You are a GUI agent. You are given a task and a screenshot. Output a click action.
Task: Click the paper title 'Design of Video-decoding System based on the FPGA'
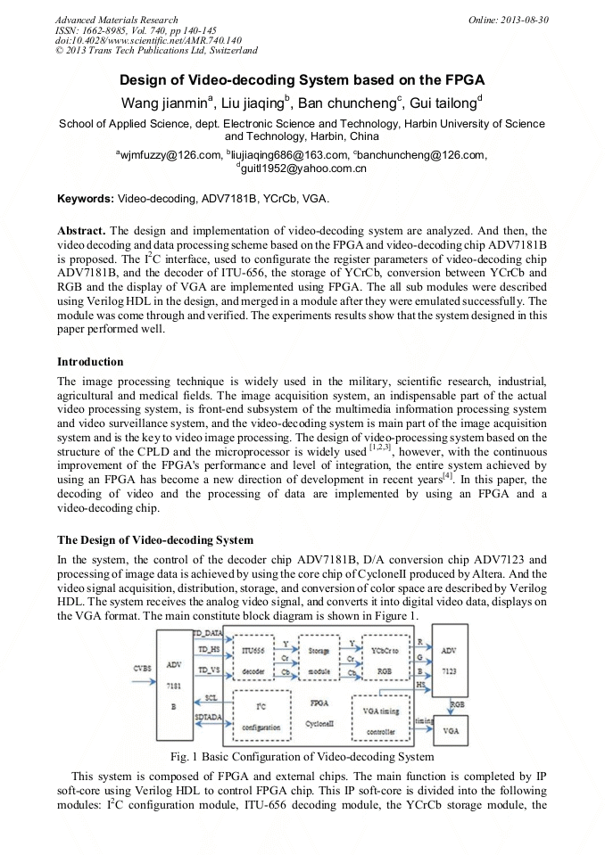pos(302,80)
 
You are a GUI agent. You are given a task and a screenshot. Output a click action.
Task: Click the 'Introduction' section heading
pos(90,362)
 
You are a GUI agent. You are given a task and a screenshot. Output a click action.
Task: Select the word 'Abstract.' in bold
pos(82,230)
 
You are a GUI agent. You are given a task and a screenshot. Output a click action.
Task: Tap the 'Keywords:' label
pos(86,199)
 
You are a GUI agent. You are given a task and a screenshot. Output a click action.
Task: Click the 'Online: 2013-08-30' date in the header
pos(508,20)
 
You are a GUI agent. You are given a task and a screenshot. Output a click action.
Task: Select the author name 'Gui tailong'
pos(445,103)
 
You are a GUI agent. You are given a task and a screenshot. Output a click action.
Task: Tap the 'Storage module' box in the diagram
pos(319,662)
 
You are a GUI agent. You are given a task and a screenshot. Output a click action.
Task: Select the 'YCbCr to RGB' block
pos(384,662)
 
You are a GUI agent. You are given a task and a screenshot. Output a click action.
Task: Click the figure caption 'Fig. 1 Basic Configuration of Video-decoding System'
pos(302,757)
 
